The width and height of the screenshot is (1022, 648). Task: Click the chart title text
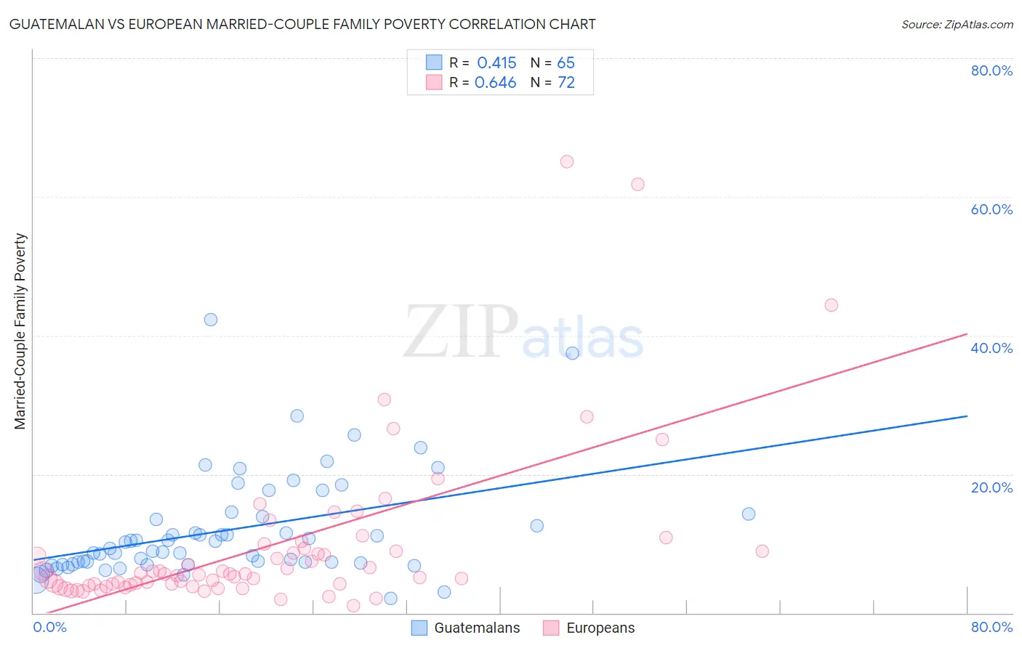(302, 24)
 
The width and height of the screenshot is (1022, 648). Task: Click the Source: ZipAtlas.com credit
(957, 24)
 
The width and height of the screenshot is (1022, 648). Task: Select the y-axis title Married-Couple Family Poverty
(20, 331)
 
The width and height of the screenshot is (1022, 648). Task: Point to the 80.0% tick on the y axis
(991, 70)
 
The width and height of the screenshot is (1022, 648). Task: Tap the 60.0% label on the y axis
(991, 209)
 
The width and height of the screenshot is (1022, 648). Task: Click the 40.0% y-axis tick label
(991, 348)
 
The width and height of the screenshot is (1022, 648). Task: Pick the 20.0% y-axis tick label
(991, 487)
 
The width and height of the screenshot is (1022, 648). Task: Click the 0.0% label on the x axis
(49, 627)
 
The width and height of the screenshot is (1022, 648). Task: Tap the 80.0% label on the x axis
(991, 627)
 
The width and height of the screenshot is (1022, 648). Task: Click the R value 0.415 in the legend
(496, 63)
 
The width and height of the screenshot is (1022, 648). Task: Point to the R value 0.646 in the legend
(495, 83)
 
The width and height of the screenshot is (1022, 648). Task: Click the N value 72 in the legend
(566, 83)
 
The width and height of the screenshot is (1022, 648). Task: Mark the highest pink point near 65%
(567, 162)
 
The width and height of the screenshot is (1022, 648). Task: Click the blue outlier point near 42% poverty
(211, 320)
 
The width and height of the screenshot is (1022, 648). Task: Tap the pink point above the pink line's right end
(831, 305)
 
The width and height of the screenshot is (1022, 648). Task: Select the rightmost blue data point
(749, 514)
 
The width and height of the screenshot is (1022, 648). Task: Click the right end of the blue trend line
(967, 416)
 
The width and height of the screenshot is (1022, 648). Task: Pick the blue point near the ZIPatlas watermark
(573, 353)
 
